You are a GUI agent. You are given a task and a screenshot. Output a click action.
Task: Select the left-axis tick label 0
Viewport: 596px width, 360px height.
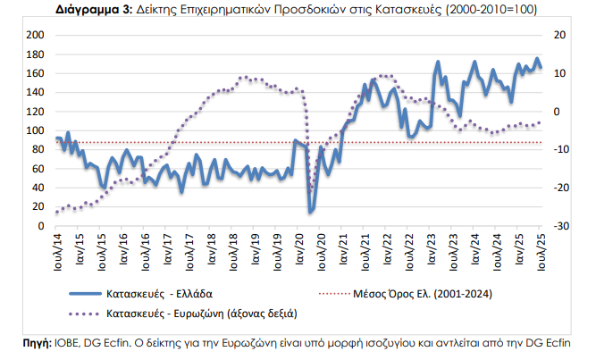pyautogui.click(x=40, y=226)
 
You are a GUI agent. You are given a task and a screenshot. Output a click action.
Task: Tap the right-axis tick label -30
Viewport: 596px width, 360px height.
pyautogui.click(x=560, y=226)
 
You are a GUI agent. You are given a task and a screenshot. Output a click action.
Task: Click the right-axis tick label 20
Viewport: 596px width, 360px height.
pyautogui.click(x=560, y=35)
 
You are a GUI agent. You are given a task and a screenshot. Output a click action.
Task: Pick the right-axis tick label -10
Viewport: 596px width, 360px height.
pyautogui.click(x=560, y=149)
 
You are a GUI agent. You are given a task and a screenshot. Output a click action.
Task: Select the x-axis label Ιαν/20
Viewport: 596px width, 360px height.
pyautogui.click(x=297, y=247)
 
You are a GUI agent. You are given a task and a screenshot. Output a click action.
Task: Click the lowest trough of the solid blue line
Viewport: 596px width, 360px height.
pyautogui.click(x=311, y=212)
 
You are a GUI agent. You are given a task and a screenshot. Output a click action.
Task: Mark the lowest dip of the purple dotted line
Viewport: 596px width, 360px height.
pyautogui.click(x=312, y=189)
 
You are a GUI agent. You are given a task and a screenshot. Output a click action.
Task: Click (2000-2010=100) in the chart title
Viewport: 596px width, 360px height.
pyautogui.click(x=486, y=9)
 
